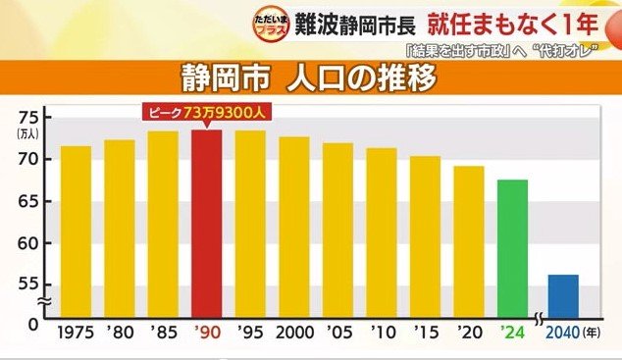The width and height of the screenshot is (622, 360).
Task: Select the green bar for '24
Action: [x=512, y=249]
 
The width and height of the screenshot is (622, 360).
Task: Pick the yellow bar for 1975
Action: [x=76, y=231]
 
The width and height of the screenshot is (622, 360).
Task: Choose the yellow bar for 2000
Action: [x=293, y=228]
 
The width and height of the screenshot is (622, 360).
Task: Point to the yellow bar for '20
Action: [x=468, y=242]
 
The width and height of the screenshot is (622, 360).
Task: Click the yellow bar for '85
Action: [x=163, y=225]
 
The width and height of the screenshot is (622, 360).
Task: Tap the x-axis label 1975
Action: [x=76, y=334]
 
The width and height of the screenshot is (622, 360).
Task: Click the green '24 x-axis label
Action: [x=512, y=334]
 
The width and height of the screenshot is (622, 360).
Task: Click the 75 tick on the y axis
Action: [x=27, y=113]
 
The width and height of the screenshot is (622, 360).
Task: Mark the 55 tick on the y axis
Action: [x=27, y=284]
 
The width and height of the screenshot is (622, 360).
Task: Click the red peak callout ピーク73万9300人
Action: [x=206, y=113]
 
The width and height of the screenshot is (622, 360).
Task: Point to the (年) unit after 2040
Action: [x=596, y=334]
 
